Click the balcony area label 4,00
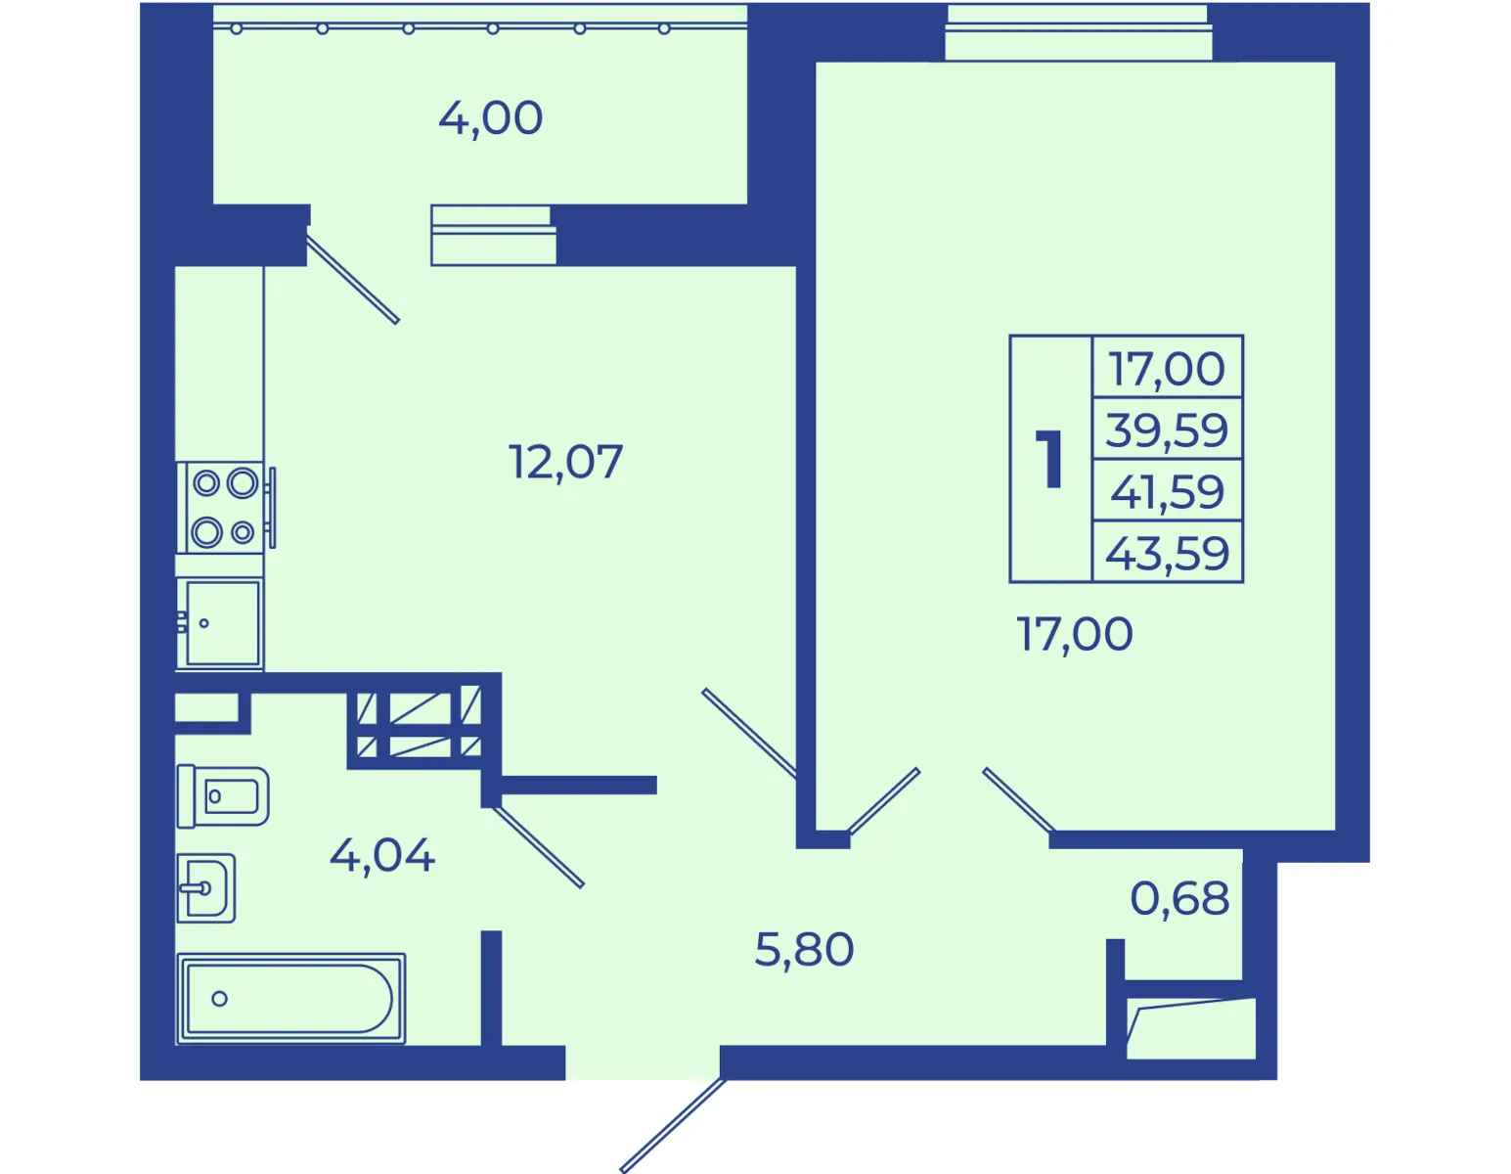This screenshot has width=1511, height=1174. [x=490, y=118]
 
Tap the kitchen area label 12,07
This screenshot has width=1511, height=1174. [x=565, y=462]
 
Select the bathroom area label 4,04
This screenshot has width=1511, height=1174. [x=382, y=855]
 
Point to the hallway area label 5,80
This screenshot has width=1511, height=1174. [x=805, y=949]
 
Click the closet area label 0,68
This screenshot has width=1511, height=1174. [x=1179, y=898]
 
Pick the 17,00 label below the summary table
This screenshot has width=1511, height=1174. [x=1074, y=634]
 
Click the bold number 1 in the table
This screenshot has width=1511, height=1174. [x=1050, y=459]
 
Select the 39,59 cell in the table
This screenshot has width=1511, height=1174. [x=1167, y=429]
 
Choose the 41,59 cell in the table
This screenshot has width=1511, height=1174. [x=1167, y=491]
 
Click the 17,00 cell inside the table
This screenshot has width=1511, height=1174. [x=1167, y=368]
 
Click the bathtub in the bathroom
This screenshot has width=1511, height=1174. [x=290, y=999]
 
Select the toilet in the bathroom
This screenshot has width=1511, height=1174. [x=223, y=796]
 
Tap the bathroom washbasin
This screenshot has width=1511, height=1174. [x=205, y=888]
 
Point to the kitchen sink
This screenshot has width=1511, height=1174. [x=220, y=623]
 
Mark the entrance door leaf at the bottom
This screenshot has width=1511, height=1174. [x=673, y=1125]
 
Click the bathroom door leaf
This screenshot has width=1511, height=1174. [x=539, y=846]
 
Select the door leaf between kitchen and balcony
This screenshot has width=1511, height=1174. [x=352, y=280]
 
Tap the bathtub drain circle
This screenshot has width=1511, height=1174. [x=220, y=999]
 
